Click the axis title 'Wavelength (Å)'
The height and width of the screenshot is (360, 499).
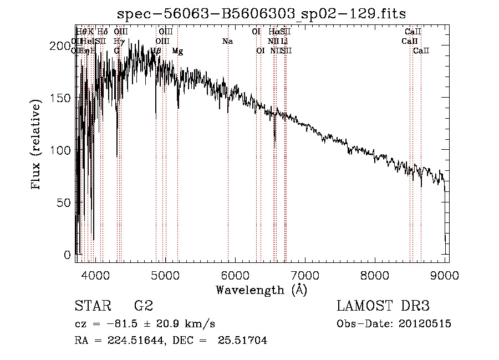tap(261, 290)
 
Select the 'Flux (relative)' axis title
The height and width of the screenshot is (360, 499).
tap(37, 145)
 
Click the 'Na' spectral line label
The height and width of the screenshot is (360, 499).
tap(227, 41)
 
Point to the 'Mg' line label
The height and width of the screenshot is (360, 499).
tap(177, 51)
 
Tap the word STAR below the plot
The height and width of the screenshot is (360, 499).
tap(92, 306)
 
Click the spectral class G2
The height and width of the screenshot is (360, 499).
tap(143, 306)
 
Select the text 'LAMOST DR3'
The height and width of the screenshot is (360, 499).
tap(383, 306)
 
